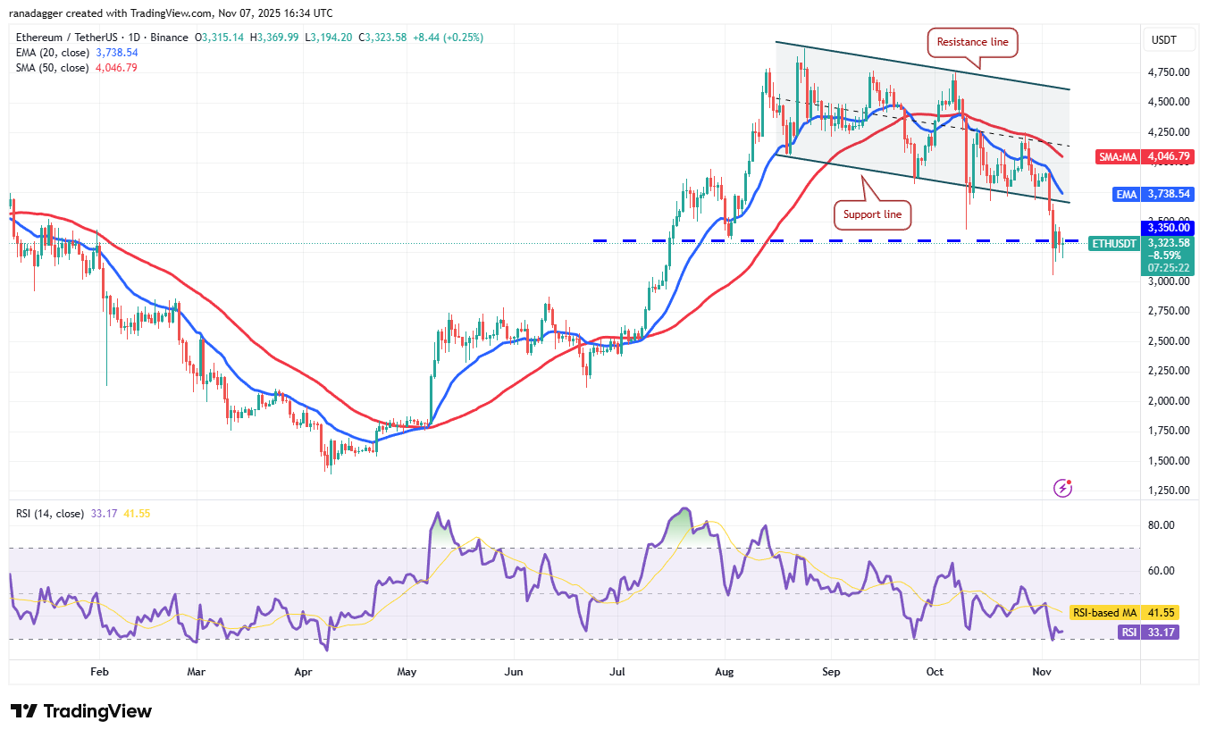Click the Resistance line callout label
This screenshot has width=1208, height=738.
pos(973,40)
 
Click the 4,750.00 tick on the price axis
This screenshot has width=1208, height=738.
pos(1168,71)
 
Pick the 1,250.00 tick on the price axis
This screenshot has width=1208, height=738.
pos(1168,491)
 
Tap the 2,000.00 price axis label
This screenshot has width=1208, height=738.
pos(1168,400)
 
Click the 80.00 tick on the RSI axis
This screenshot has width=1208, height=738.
pos(1162,525)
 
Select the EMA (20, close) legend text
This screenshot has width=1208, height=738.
pos(50,53)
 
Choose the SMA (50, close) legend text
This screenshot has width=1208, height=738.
pos(50,67)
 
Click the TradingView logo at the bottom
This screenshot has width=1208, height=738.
pos(82,711)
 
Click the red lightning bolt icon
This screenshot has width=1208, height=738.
pos(1062,488)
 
